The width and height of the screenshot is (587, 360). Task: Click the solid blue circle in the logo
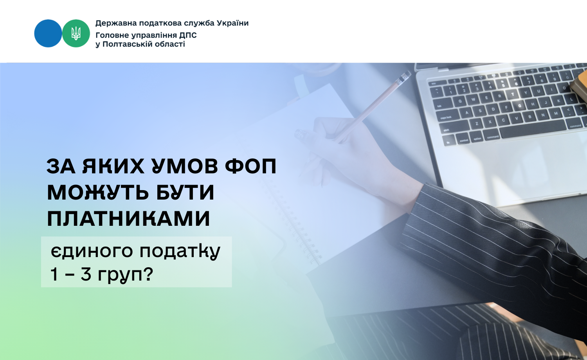point(48,33)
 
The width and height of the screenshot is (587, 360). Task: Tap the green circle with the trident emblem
point(76,33)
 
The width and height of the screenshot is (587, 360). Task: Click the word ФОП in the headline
point(251,166)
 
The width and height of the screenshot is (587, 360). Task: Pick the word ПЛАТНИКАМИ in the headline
point(129,218)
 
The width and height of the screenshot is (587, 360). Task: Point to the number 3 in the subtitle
point(86,275)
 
